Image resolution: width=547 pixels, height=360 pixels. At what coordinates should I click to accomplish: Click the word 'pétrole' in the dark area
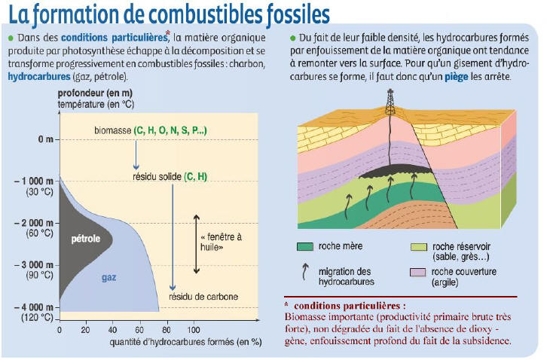pyautogui.click(x=86, y=239)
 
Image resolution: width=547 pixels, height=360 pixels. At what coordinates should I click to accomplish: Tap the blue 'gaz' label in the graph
pyautogui.click(x=109, y=277)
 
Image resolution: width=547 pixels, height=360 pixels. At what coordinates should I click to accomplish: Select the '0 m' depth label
pyautogui.click(x=46, y=140)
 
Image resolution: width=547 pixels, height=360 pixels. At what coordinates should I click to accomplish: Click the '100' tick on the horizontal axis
pyautogui.click(x=194, y=329)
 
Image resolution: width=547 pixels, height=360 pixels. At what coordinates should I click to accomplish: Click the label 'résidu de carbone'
pyautogui.click(x=203, y=297)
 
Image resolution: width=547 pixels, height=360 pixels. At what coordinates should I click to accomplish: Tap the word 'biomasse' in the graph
pyautogui.click(x=113, y=130)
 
